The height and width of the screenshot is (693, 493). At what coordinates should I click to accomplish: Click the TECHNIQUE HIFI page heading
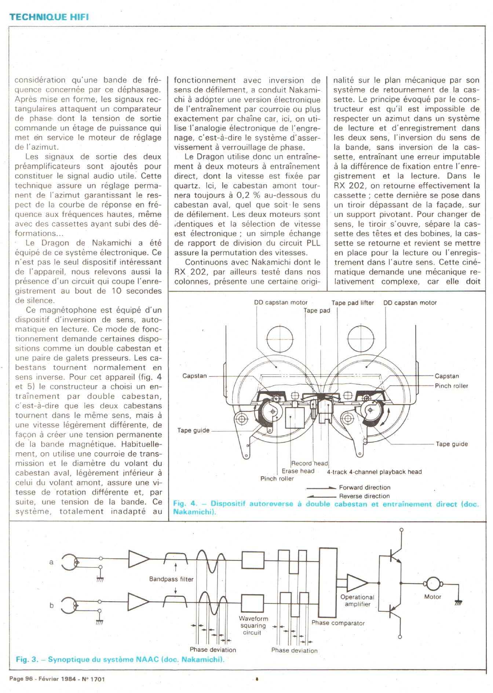click(49, 17)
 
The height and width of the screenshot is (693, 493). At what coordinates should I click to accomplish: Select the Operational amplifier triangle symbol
click(357, 583)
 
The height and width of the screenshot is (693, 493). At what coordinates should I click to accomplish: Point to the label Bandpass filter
click(171, 579)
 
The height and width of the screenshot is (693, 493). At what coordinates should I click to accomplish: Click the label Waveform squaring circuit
click(253, 625)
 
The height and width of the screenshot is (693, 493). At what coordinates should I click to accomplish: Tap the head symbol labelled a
click(69, 562)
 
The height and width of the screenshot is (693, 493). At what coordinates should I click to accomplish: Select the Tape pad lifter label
click(353, 303)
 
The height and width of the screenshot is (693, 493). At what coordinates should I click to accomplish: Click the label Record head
click(309, 463)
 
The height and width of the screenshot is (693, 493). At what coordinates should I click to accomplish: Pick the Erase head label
click(298, 471)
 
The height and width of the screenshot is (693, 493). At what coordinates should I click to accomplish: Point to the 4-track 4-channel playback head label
click(374, 472)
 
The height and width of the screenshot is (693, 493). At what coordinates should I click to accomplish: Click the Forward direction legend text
click(365, 487)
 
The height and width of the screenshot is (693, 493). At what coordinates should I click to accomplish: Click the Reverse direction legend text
click(364, 496)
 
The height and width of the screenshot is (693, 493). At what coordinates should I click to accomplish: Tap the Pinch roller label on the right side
click(451, 386)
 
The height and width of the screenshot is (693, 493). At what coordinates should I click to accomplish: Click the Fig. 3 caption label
click(27, 659)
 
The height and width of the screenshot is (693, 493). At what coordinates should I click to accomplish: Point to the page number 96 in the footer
click(29, 679)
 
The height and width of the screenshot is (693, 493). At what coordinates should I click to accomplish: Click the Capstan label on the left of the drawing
click(194, 376)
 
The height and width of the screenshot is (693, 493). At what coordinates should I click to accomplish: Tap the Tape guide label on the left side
click(193, 430)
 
